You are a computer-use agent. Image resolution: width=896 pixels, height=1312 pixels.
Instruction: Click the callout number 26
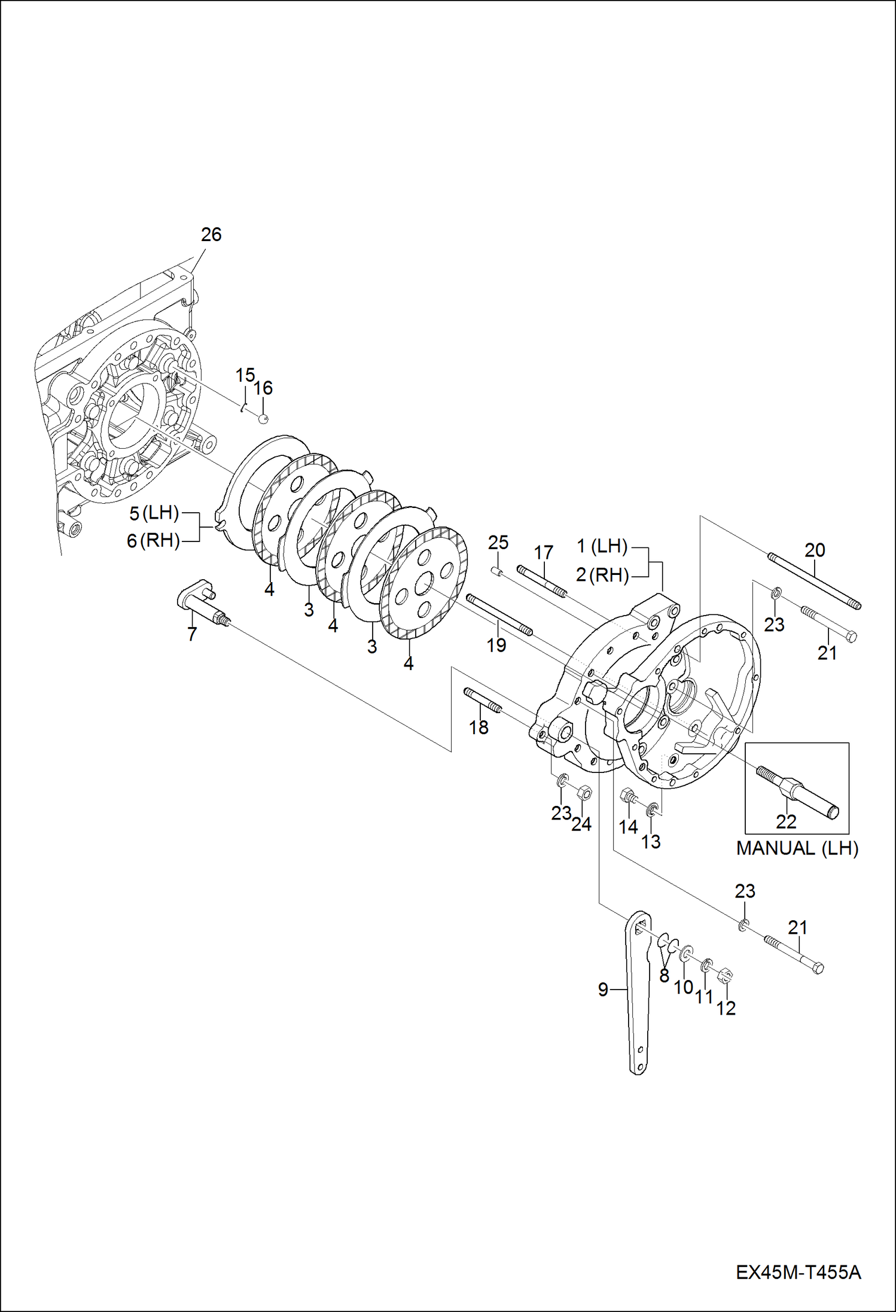tap(211, 235)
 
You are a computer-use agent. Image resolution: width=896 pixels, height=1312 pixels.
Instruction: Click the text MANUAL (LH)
tap(797, 848)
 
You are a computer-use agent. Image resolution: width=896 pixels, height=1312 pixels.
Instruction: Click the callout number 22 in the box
tap(786, 821)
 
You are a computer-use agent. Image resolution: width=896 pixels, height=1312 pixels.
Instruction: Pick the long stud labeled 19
tap(498, 613)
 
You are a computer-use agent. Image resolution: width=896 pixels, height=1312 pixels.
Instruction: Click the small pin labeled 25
tap(496, 571)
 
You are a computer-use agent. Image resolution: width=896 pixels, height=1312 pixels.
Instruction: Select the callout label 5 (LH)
tap(154, 513)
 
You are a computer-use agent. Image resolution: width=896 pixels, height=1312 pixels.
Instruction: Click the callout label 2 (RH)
tap(602, 575)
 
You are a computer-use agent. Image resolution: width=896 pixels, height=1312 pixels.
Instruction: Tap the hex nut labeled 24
tap(586, 793)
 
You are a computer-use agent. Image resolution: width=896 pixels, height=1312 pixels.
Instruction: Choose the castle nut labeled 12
tap(724, 976)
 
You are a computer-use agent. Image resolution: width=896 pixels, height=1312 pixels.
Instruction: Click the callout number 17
tap(543, 552)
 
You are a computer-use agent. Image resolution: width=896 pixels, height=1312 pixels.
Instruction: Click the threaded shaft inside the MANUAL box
tap(798, 790)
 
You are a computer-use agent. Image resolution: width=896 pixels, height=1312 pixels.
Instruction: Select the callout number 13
tap(651, 841)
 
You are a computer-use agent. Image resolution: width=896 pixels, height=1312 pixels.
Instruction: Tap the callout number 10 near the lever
tap(683, 987)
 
